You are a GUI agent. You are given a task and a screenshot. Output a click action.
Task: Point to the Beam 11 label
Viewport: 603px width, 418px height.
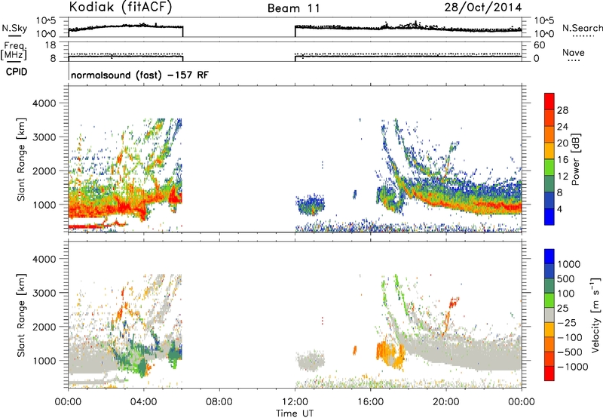293,8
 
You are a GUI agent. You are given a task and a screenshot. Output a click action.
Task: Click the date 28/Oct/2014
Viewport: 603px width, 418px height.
483,8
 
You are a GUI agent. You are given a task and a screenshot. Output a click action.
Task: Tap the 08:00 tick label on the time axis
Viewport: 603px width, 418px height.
219,402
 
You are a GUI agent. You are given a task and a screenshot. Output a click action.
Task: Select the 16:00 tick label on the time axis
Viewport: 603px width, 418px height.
370,402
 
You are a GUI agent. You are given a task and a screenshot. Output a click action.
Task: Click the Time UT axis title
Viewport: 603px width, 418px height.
295,413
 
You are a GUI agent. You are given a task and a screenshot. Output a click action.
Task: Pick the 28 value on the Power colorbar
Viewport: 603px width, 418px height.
562,110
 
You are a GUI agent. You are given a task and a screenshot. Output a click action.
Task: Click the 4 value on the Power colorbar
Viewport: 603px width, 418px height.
559,209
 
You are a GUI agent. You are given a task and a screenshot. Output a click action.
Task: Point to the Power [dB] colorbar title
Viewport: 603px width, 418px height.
576,159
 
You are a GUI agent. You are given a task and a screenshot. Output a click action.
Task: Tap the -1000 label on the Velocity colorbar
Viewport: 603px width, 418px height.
572,367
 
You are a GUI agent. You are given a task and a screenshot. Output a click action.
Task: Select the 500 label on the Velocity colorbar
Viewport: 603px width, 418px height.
566,279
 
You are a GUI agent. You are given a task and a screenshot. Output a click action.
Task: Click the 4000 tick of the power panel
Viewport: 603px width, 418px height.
44,103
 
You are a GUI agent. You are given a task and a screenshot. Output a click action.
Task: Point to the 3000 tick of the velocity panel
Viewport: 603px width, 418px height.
44,293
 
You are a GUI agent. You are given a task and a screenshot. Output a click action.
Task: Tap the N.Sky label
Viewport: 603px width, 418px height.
14,28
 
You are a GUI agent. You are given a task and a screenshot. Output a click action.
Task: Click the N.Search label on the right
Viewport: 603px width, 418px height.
582,28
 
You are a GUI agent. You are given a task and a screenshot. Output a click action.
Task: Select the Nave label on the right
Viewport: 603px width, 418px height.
573,53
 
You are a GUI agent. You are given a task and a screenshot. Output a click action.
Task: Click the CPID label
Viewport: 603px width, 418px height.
17,72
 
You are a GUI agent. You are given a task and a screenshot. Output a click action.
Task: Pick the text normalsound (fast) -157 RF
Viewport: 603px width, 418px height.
139,75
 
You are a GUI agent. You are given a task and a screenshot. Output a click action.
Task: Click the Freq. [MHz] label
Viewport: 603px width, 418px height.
14,51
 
